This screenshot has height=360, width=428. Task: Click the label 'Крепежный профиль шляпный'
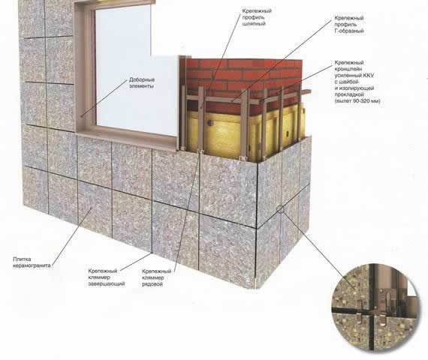coord(257,17)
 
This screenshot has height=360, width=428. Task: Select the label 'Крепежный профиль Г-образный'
coord(349,24)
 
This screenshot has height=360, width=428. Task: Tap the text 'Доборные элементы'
coord(142,83)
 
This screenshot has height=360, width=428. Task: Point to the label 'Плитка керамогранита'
coord(32,262)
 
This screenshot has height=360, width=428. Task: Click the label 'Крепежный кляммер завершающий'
coord(107,277)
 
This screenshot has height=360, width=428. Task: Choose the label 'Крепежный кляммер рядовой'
coord(156,277)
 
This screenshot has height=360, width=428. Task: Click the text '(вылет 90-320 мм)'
coord(357,101)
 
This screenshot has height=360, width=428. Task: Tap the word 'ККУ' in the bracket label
coord(369,75)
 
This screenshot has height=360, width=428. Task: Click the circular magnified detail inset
coord(375,307)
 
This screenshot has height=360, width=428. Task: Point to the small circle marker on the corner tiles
coord(280,209)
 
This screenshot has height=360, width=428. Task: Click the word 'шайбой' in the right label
coord(349,82)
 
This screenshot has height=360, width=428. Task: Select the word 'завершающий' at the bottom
coord(107,284)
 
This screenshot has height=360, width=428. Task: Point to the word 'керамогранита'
coord(32,265)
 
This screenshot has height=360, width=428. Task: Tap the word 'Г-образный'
coord(349,31)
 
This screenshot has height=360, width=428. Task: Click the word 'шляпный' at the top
coord(254,24)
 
